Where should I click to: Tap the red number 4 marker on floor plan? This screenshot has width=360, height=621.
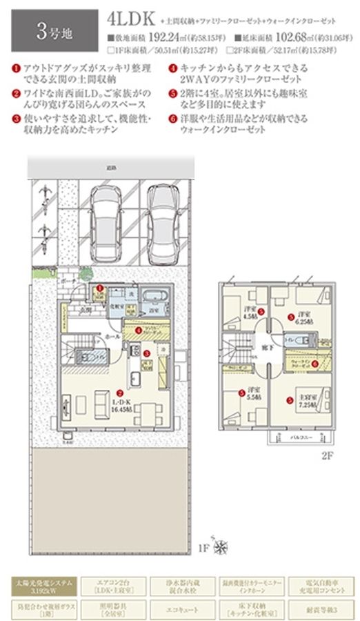pyautogui.click(x=139, y=330)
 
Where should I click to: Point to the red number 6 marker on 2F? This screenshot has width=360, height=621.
pyautogui.click(x=314, y=364)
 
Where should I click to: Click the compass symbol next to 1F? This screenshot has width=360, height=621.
pyautogui.click(x=221, y=549)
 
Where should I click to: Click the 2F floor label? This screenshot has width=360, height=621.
pyautogui.click(x=327, y=457)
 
